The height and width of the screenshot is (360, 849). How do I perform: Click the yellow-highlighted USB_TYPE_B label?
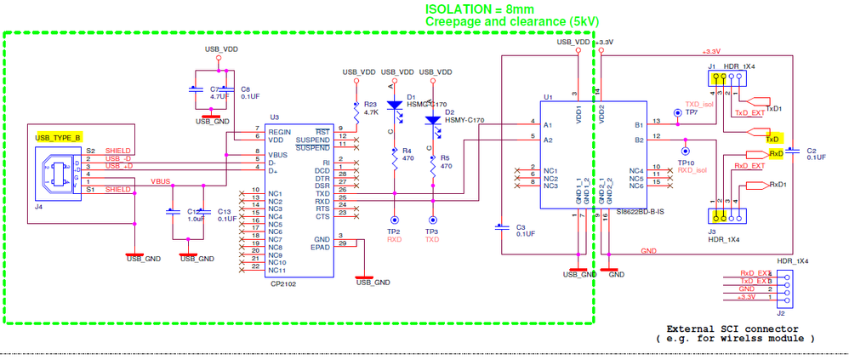click(57, 137)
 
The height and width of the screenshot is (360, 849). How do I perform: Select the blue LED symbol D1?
click(394, 107)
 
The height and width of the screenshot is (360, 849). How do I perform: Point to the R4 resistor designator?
click(407, 150)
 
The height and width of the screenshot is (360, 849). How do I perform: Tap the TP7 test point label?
click(691, 111)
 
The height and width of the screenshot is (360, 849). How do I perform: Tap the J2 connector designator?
click(782, 312)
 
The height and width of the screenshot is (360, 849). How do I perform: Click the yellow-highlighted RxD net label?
click(775, 154)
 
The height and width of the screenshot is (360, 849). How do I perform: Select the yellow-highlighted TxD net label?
click(772, 138)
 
